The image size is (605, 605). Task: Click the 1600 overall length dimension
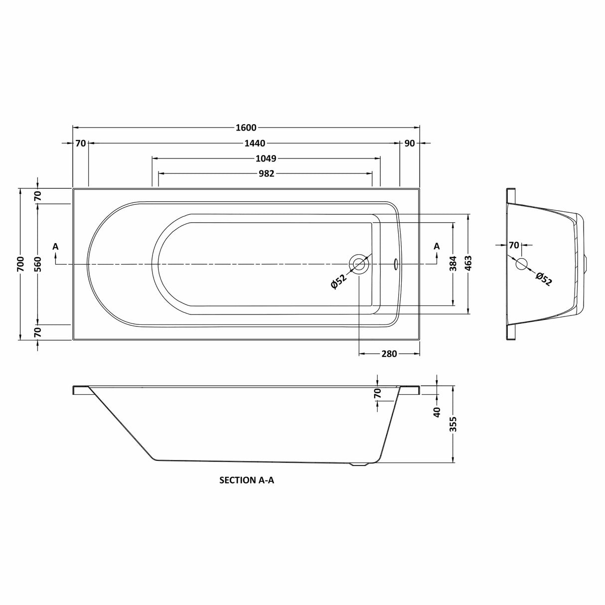point(246,127)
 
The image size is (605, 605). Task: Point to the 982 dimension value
point(266,173)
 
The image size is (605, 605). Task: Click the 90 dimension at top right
point(409,144)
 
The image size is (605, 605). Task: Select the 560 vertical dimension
point(38,264)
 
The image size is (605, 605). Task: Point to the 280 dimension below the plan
point(389,354)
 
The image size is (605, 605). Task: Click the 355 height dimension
point(453,424)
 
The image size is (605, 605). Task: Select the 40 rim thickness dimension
point(437,412)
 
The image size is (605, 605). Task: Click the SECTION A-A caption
point(247,480)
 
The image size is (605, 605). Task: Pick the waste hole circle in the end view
point(522,264)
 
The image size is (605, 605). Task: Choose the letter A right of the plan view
point(437,246)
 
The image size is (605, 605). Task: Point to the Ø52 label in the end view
point(544,279)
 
